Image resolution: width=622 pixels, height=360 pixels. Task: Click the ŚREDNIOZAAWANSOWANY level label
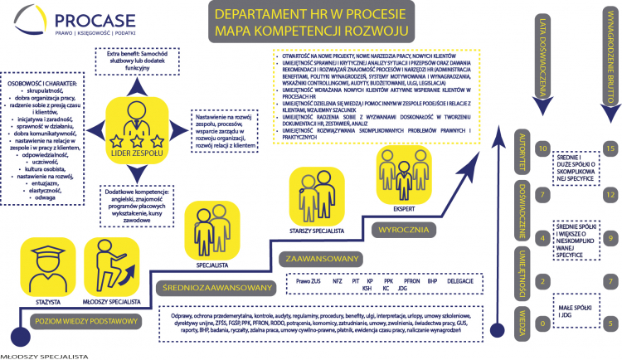click(216, 288)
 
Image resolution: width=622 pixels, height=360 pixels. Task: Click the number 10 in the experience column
click(542, 149)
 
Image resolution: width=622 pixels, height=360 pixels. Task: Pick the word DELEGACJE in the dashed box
click(459, 281)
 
